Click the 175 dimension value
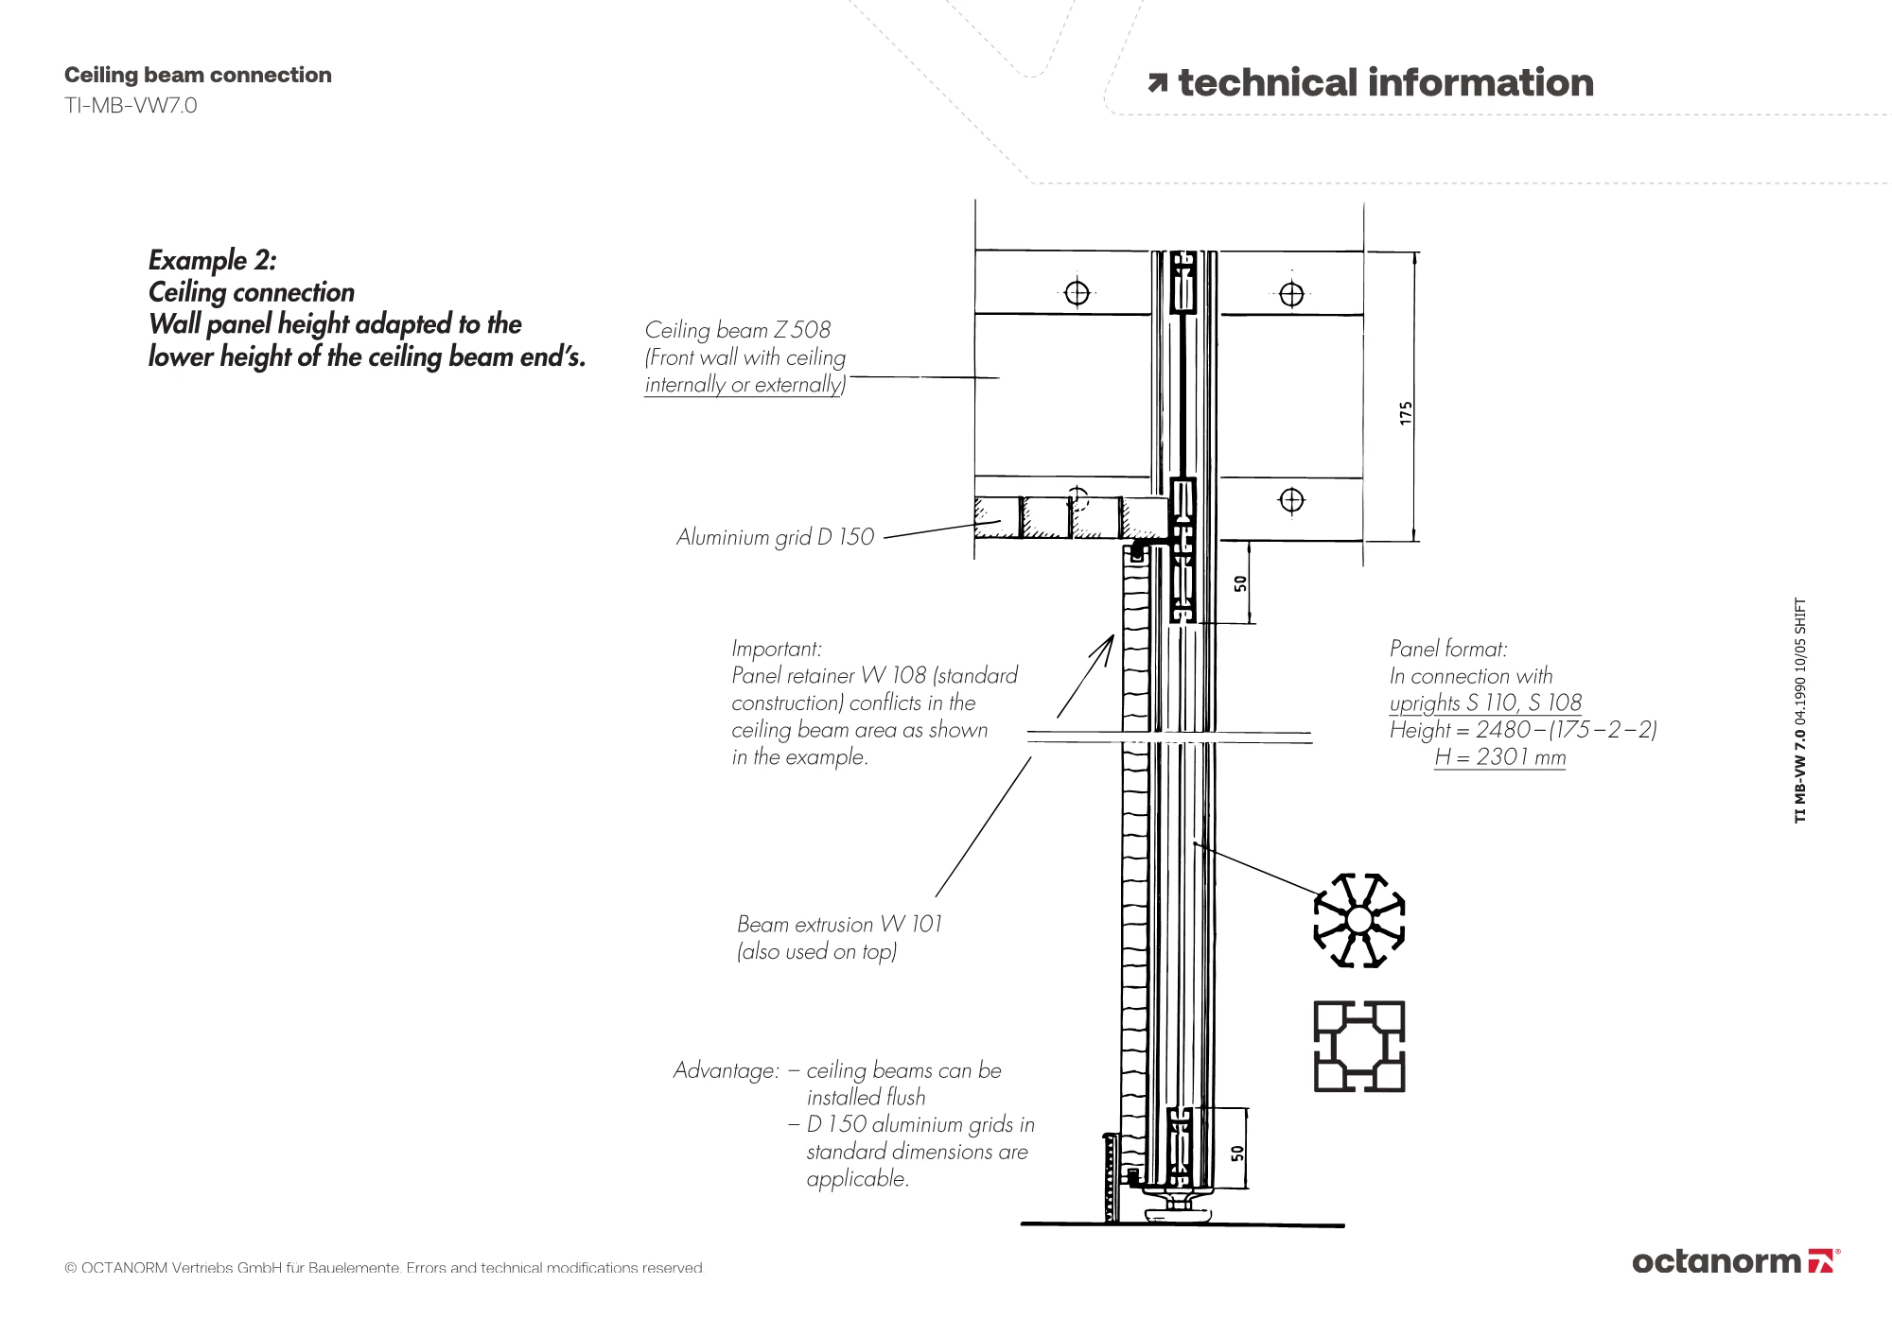(x=1406, y=412)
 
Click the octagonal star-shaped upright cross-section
(x=1359, y=920)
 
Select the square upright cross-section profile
(x=1359, y=1047)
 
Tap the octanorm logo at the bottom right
(x=1735, y=1261)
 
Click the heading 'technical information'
(x=1385, y=83)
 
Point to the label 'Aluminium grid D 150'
(x=775, y=537)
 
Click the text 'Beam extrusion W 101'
(x=839, y=924)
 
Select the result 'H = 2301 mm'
(x=1499, y=757)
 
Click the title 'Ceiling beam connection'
(x=198, y=75)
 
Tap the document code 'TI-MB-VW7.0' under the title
(x=131, y=105)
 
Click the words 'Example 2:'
(x=212, y=260)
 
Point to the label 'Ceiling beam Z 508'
(x=737, y=330)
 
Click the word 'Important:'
(x=776, y=649)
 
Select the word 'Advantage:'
(x=726, y=1070)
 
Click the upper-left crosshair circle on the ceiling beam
(x=1077, y=293)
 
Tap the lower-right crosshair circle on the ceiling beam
(x=1291, y=500)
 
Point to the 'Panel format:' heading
(x=1447, y=649)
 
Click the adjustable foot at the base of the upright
(x=1180, y=1211)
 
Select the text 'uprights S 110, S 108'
(x=1485, y=703)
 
